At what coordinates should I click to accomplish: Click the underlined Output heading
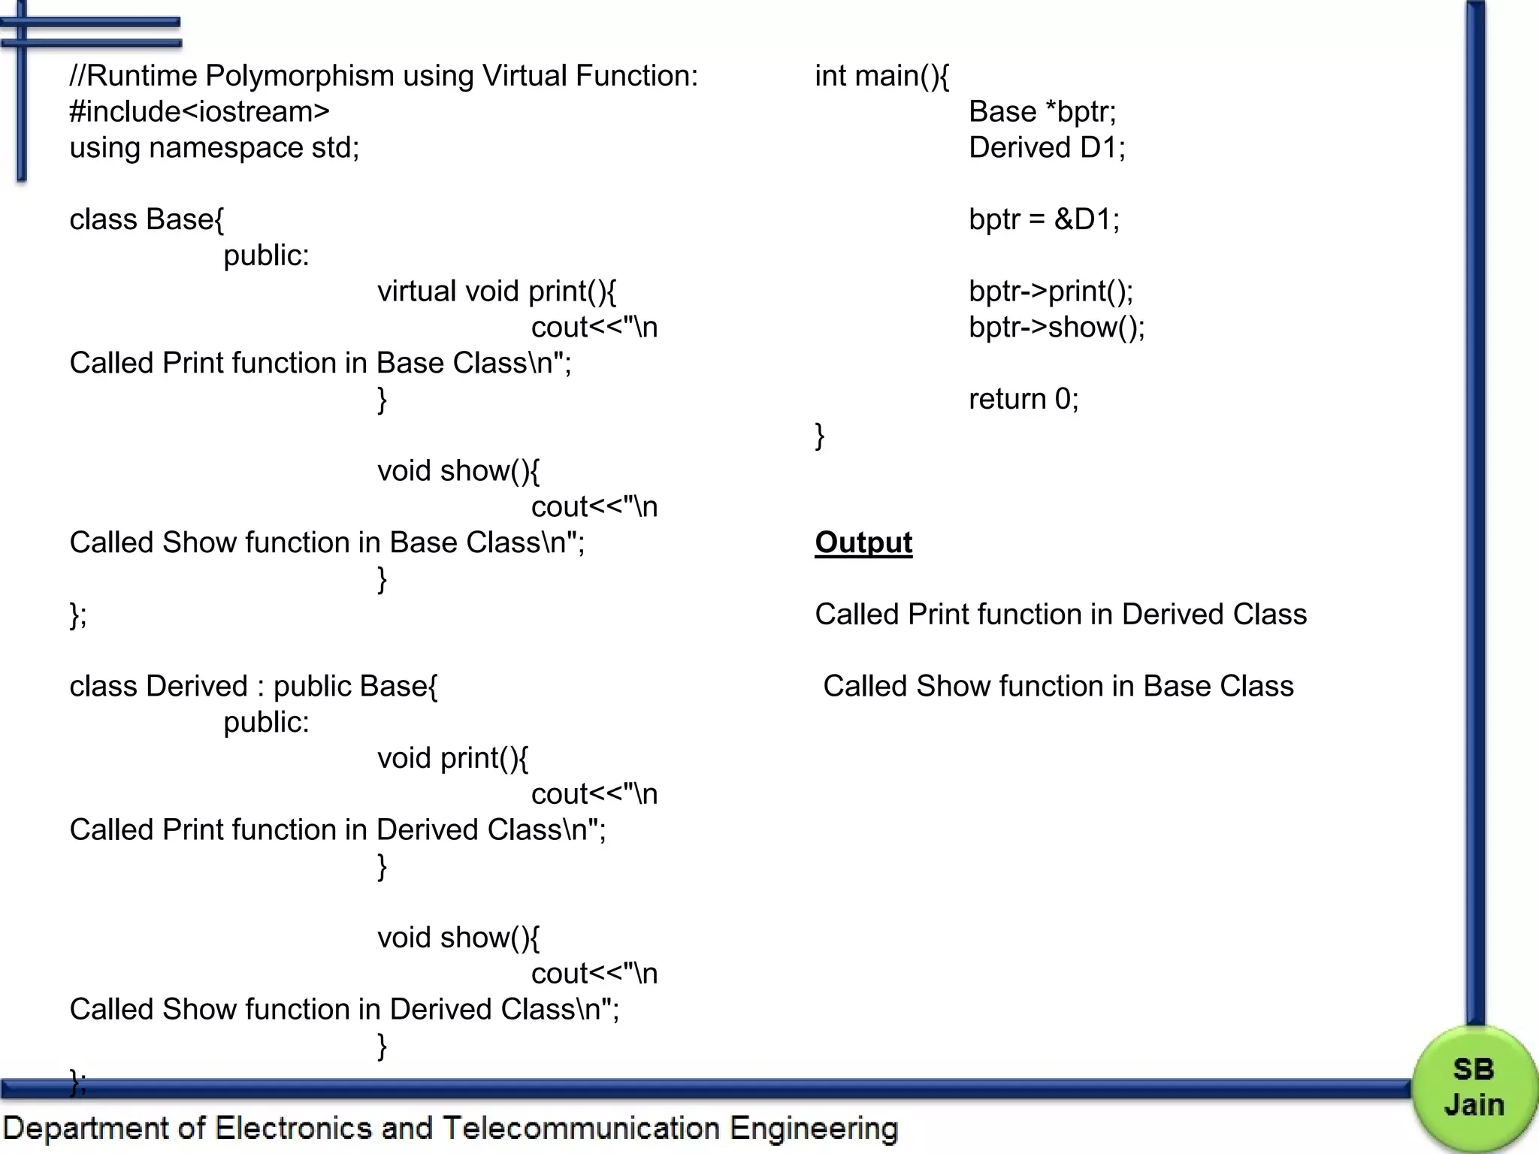point(863,542)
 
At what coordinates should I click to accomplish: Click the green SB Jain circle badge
point(1474,1087)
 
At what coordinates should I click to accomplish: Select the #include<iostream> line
point(199,112)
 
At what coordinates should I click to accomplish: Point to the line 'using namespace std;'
point(214,148)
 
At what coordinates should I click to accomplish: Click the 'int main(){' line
point(881,76)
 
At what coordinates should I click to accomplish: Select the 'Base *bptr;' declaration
point(1042,112)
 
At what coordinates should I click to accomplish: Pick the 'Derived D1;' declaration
point(1047,148)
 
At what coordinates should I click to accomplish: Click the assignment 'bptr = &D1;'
point(1044,219)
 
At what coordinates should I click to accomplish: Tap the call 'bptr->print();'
point(1051,292)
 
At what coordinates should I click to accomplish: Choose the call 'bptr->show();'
point(1057,328)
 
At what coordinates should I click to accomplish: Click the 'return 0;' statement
point(1023,399)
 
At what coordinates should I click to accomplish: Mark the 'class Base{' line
point(147,219)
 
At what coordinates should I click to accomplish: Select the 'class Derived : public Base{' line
point(253,687)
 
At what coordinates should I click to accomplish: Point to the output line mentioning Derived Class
point(1060,615)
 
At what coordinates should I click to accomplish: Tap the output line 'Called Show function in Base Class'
point(1058,687)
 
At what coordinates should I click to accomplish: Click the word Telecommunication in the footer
point(581,1128)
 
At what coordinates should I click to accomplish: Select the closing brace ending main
point(820,436)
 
